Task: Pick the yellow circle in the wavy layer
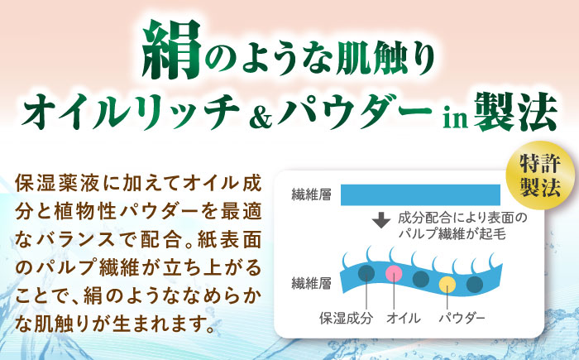point(447,284)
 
